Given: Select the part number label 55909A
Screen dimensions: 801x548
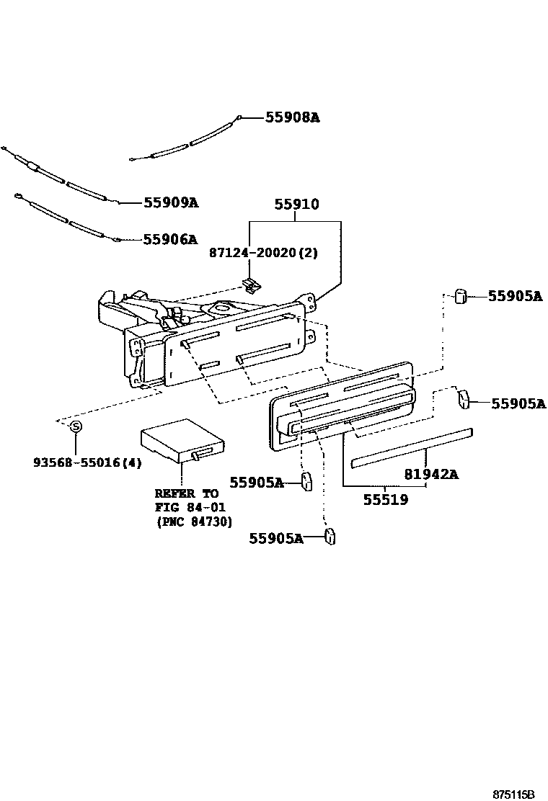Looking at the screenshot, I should click(170, 203).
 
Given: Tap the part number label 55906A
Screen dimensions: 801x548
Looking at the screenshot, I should click(169, 239).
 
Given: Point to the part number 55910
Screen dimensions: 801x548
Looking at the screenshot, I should click(296, 205).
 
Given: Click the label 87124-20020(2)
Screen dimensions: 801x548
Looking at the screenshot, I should click(263, 253).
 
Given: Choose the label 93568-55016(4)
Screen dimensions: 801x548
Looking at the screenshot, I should click(87, 462).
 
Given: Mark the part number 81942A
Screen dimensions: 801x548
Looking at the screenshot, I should click(431, 475).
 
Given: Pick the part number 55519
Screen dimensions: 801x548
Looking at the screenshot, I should click(386, 499).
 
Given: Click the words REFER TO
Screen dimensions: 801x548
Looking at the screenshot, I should click(186, 493).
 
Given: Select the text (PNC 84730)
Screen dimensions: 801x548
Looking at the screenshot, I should click(193, 522).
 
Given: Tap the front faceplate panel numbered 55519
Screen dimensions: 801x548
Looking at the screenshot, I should click(342, 411).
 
